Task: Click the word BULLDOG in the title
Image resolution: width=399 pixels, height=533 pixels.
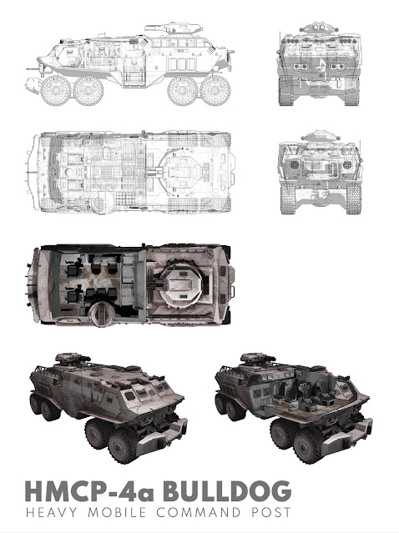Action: pyautogui.click(x=227, y=490)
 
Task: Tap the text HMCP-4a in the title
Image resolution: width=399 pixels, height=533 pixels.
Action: pyautogui.click(x=89, y=490)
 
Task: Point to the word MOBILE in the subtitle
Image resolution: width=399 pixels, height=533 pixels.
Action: pyautogui.click(x=118, y=512)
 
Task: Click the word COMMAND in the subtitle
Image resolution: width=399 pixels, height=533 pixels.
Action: pyautogui.click(x=199, y=512)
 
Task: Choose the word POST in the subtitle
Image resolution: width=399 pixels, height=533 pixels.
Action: pyautogui.click(x=271, y=512)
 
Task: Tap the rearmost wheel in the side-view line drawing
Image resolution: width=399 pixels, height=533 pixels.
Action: pyautogui.click(x=56, y=90)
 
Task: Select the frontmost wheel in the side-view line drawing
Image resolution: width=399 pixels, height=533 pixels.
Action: pyautogui.click(x=215, y=90)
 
